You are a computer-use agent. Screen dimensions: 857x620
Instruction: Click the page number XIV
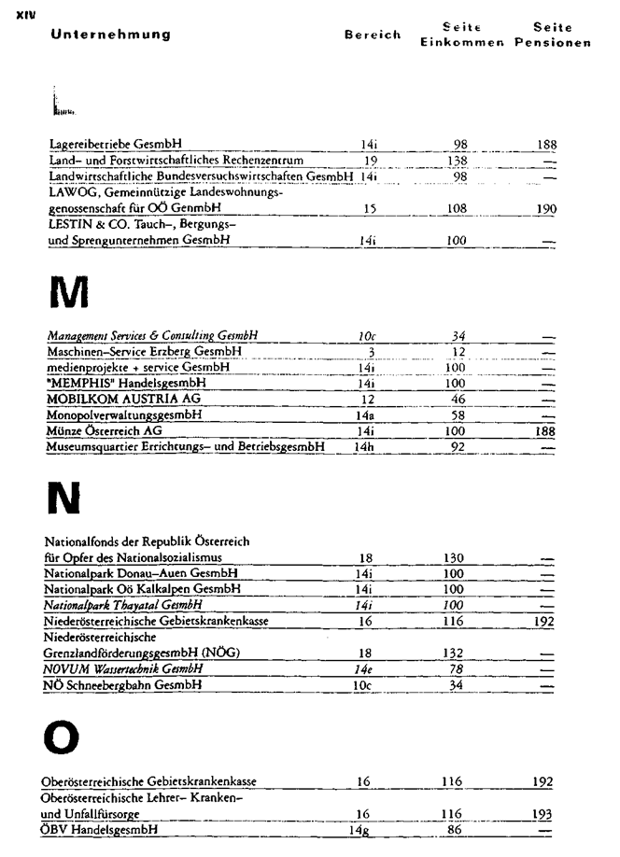[x=25, y=15]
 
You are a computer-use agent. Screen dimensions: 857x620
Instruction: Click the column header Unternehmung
[x=111, y=35]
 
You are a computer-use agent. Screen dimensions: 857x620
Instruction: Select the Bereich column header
[x=372, y=35]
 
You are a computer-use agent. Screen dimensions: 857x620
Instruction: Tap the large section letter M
[x=68, y=293]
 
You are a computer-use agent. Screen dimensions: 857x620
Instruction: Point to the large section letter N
[x=63, y=500]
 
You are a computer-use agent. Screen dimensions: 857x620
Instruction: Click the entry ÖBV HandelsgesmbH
[x=100, y=829]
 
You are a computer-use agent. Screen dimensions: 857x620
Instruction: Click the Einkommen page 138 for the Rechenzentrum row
[x=456, y=161]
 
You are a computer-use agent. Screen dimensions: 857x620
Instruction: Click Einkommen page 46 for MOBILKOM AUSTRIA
[x=457, y=399]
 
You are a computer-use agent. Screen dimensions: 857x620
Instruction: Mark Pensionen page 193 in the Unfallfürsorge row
[x=542, y=813]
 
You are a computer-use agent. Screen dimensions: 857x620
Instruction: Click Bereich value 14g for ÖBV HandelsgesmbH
[x=359, y=829]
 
